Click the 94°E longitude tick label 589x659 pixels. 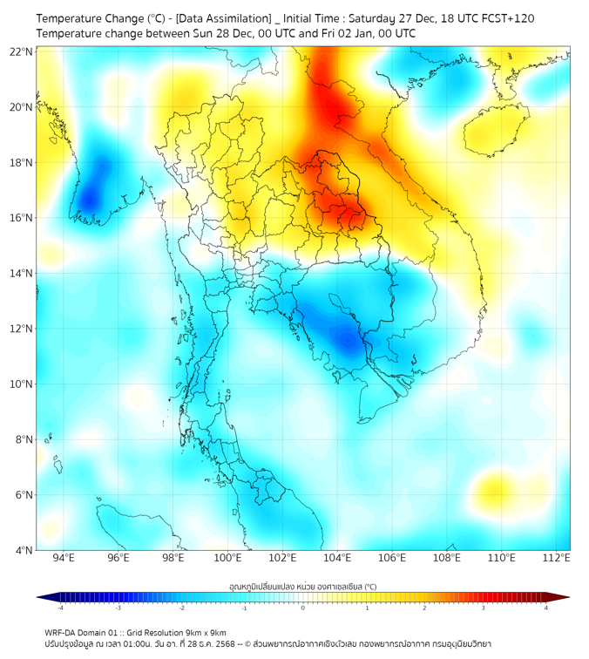[x=64, y=559]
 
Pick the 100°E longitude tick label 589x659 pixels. [x=228, y=559]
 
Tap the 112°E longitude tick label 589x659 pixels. [x=557, y=559]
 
